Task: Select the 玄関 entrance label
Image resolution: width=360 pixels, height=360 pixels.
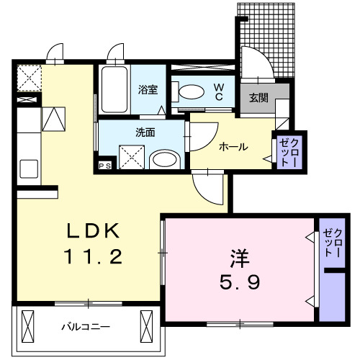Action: pos(258,97)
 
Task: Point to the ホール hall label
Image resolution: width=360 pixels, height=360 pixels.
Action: pos(233,147)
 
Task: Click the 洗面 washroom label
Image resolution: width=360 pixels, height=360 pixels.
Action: pos(145,132)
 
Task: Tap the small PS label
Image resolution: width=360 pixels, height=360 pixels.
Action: pos(105,166)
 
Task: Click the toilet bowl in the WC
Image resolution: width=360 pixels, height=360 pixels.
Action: pos(189,91)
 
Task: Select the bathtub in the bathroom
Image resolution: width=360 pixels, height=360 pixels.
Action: pos(114,91)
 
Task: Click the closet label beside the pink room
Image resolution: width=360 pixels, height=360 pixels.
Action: pos(333,243)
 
